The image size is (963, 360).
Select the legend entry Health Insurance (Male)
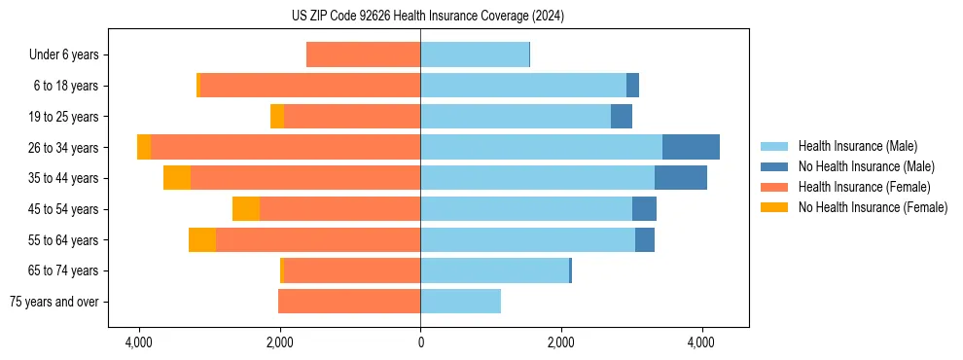click(x=856, y=146)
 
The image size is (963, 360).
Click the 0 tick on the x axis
click(x=420, y=343)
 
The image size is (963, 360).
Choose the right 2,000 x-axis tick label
click(x=561, y=343)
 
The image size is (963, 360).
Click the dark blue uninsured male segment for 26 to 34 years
click(x=691, y=147)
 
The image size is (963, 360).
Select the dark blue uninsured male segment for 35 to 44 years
click(x=680, y=178)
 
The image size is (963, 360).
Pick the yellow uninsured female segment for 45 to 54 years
click(x=246, y=209)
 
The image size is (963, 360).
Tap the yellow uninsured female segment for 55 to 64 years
click(x=202, y=239)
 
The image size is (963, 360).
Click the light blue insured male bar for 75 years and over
click(x=460, y=302)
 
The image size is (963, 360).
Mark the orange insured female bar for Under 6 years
click(x=363, y=55)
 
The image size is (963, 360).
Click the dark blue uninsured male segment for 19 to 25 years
click(x=622, y=117)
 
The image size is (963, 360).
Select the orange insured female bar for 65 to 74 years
click(x=351, y=270)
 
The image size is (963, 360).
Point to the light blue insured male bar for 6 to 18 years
click(x=523, y=86)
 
